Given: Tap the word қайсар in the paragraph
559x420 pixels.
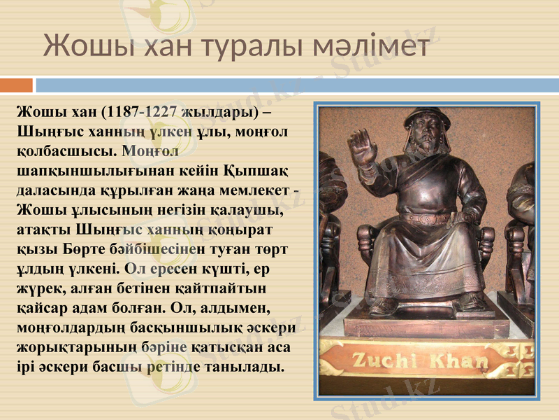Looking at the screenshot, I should tap(41, 307).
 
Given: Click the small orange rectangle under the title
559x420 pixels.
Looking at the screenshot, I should tap(16, 85).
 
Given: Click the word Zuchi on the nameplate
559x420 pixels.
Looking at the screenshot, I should tap(387, 362).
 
